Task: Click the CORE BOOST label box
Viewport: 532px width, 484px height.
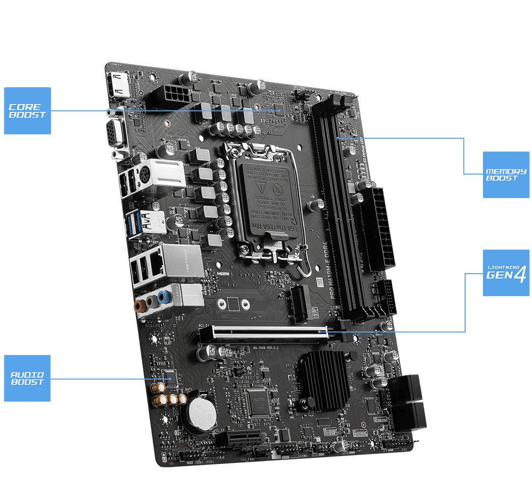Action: tap(27, 111)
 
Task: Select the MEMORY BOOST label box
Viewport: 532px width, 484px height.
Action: tap(506, 175)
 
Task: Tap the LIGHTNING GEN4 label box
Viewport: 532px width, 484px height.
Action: tap(506, 273)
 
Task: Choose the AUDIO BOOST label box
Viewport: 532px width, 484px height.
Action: tap(27, 379)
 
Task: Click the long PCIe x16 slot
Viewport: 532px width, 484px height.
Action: tap(269, 332)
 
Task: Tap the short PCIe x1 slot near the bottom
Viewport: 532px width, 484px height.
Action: tap(239, 438)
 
